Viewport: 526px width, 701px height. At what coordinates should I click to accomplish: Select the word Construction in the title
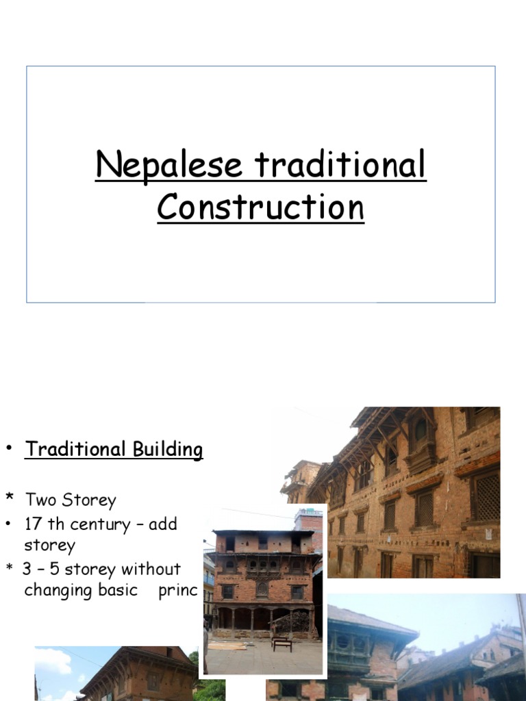pos(260,207)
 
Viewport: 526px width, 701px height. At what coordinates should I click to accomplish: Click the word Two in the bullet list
pos(41,500)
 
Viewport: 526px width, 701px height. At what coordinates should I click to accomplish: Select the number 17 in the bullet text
pos(34,524)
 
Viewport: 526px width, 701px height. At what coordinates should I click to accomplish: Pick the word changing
pos(56,591)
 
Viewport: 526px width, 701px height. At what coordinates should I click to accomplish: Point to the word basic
pos(116,590)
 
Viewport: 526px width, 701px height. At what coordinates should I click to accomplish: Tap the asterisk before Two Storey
pos(10,498)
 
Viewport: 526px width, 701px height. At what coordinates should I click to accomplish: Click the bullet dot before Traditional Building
pos(10,449)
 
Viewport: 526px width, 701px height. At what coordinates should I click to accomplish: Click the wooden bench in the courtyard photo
pos(281,643)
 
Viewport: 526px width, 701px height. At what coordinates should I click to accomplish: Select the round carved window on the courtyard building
pos(262,589)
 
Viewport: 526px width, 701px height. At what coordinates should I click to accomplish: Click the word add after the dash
pos(162,525)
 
